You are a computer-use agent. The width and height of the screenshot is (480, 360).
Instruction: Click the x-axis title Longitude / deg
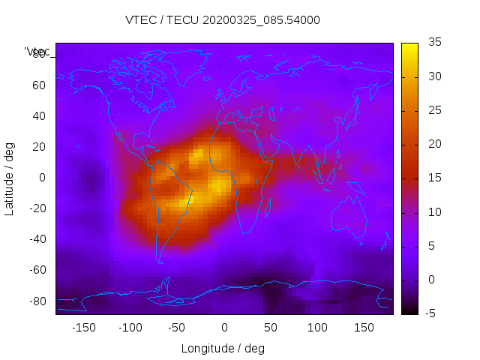coord(223,348)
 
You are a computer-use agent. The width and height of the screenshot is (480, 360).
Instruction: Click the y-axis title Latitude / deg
coord(10,178)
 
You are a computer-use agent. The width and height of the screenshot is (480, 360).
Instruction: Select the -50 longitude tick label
coord(177,328)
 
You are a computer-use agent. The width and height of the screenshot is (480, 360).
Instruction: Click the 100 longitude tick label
coord(317,328)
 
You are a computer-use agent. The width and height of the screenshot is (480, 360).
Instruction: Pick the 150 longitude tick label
coord(364,328)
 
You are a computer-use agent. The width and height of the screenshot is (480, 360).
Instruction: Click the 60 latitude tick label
coord(38,85)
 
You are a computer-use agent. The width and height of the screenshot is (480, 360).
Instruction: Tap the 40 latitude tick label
coord(38,115)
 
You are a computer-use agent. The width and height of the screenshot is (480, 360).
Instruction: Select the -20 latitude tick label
coord(36,208)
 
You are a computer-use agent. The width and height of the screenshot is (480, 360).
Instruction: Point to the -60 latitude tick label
coord(36,270)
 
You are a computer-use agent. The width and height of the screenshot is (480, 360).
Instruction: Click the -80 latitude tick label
coord(36,301)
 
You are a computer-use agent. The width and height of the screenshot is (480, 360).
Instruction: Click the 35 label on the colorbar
coord(434,43)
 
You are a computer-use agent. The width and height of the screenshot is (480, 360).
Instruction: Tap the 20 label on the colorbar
coord(434,144)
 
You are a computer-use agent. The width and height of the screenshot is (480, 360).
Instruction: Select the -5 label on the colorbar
coord(433,313)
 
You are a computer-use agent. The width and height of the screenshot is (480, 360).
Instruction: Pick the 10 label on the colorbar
coord(434,212)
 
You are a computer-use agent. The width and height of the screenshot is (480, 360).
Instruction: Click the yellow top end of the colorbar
coord(409,48)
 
